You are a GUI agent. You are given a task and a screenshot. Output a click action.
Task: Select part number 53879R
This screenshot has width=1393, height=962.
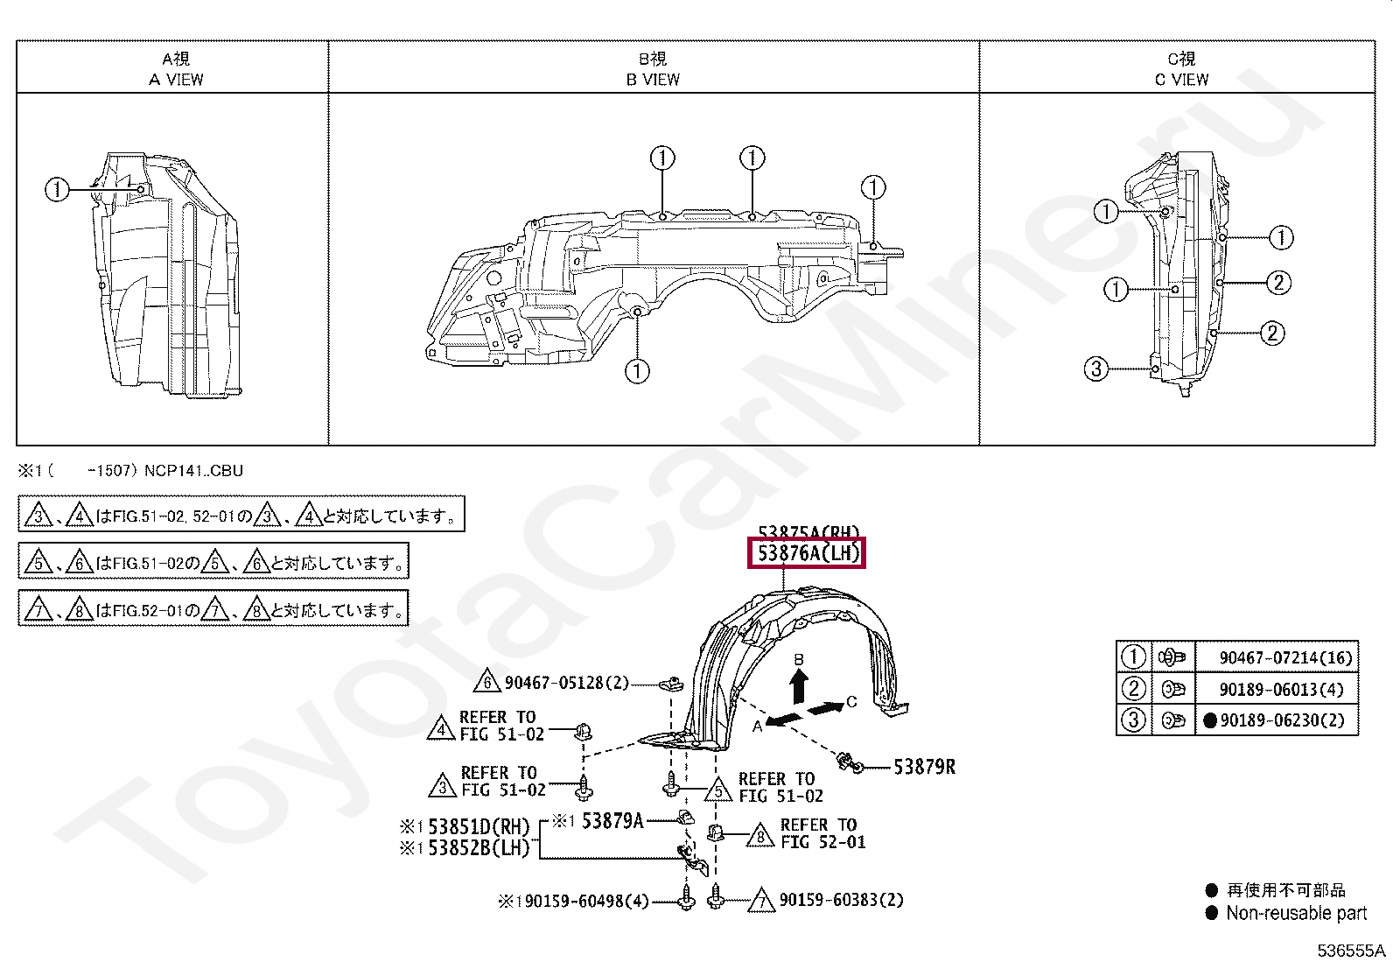[x=924, y=768]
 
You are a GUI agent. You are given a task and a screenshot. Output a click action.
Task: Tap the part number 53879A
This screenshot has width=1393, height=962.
[x=612, y=821]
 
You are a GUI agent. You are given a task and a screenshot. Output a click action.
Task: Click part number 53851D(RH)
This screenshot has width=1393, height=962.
[x=477, y=827]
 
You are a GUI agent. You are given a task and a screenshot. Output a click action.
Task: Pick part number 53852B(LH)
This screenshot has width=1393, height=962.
[x=477, y=847]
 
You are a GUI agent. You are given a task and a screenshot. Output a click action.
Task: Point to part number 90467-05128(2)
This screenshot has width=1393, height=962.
[x=567, y=683]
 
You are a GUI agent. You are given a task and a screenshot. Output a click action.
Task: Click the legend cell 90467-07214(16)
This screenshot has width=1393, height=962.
[x=1273, y=657]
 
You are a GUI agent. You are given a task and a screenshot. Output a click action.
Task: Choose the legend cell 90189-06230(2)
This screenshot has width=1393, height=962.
[x=1280, y=721]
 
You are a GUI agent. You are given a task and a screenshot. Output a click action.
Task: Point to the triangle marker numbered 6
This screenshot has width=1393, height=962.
[x=490, y=683]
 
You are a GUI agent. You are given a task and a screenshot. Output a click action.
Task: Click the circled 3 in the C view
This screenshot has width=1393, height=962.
[x=1096, y=369]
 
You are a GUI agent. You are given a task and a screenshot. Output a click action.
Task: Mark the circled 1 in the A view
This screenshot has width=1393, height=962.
[x=57, y=189]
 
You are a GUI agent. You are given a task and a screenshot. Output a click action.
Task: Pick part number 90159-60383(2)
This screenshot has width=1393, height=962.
[x=841, y=900]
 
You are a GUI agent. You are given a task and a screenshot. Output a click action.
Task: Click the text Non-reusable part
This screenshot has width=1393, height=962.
[x=1295, y=914]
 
